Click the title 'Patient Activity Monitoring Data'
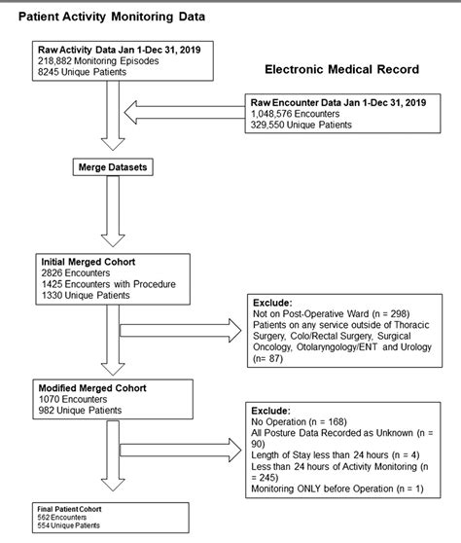tap(116, 18)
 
